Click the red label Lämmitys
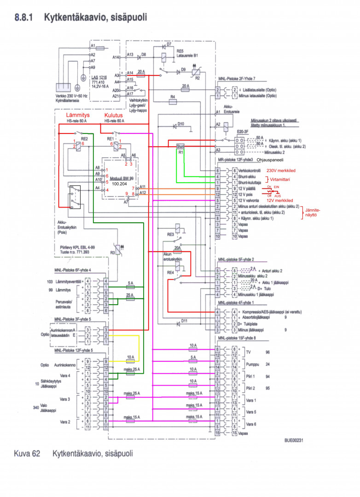click(77, 115)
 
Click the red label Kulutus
click(113, 115)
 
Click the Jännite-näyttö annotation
click(313, 212)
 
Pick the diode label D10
click(180, 124)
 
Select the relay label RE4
click(171, 272)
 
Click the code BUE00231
click(294, 440)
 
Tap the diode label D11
click(184, 321)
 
